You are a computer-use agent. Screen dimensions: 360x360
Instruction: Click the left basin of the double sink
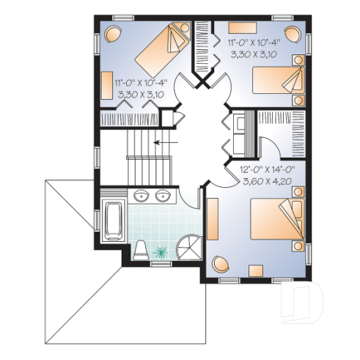click(141, 195)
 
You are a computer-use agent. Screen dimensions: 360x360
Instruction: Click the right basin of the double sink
click(161, 195)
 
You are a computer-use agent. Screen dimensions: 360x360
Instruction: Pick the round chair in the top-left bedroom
click(114, 34)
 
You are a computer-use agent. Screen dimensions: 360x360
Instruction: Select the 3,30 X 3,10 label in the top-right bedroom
click(256, 54)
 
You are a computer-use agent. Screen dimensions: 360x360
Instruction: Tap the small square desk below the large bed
click(257, 271)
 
